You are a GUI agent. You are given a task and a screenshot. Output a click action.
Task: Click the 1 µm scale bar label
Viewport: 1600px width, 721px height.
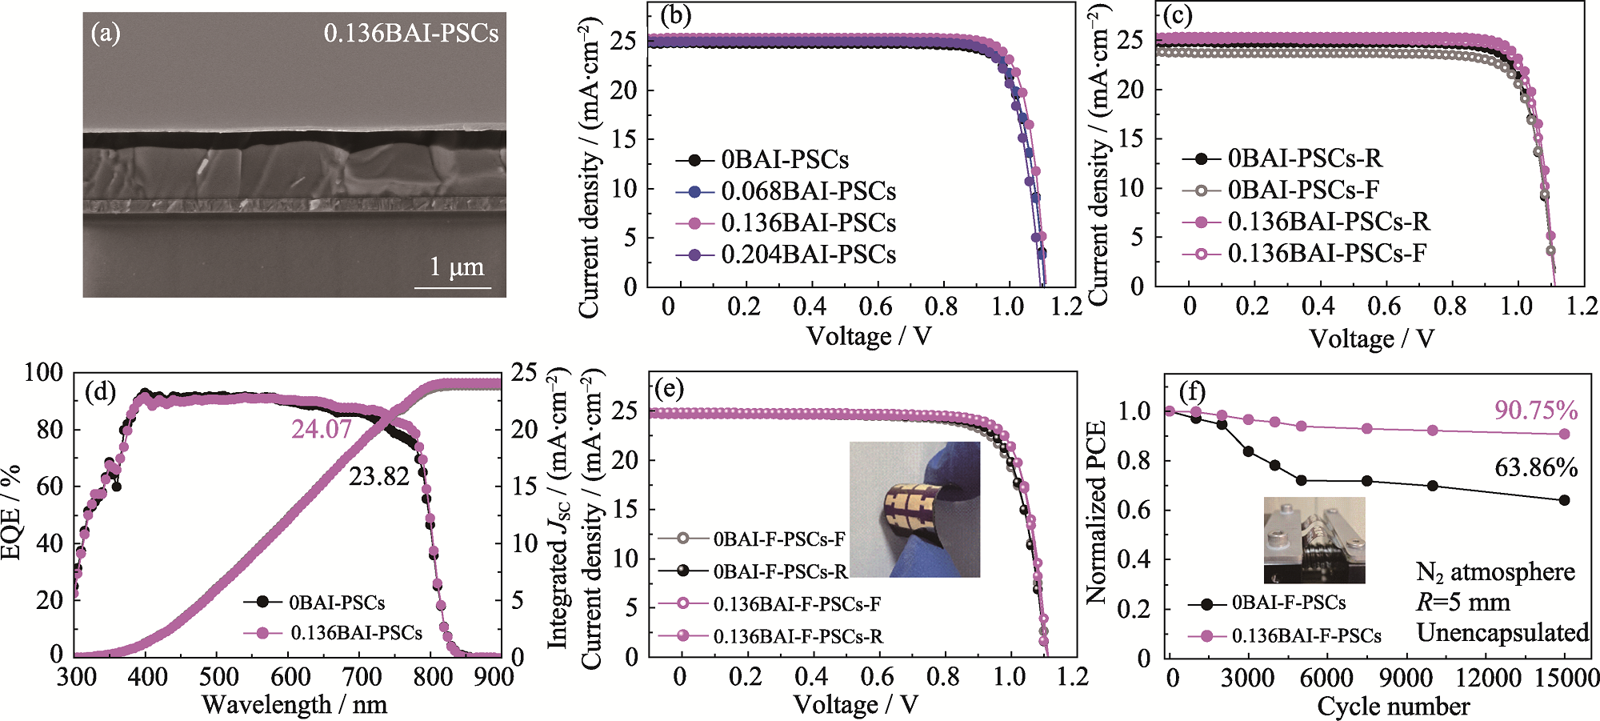(457, 266)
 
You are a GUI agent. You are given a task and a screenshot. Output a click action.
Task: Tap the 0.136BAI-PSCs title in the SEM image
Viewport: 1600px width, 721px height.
(410, 33)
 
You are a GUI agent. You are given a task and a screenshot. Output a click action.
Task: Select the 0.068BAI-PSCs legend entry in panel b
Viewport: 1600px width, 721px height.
(808, 191)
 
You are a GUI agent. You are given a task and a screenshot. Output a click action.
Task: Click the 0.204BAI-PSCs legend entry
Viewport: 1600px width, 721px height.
(808, 254)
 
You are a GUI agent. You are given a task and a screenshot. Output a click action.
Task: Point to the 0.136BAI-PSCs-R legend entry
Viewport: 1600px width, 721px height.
(1328, 221)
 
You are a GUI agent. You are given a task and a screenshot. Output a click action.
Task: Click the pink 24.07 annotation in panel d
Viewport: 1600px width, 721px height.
(322, 430)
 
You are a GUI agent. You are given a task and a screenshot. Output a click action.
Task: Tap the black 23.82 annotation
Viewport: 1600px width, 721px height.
(379, 477)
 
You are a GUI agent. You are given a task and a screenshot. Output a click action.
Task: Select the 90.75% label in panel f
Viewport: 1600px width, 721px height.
(1536, 411)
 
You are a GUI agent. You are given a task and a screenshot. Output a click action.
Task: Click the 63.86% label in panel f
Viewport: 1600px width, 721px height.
(1536, 467)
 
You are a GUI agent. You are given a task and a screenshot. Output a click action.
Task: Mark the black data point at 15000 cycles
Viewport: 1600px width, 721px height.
(1565, 500)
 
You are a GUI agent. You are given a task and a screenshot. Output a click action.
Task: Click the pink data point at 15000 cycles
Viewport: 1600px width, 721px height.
(1565, 434)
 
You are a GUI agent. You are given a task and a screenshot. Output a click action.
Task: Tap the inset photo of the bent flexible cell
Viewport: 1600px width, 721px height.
(914, 509)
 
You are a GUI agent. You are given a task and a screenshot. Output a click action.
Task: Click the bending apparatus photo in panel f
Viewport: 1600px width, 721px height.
(1314, 539)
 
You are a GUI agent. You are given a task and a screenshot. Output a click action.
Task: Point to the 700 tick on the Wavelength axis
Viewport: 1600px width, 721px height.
(362, 677)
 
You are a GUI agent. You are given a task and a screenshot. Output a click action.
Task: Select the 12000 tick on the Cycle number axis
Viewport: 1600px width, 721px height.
(1487, 678)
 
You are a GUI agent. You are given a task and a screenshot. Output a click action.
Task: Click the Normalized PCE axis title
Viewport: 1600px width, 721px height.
(1096, 512)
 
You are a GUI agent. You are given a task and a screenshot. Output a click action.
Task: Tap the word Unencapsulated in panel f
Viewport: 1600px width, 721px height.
(1502, 632)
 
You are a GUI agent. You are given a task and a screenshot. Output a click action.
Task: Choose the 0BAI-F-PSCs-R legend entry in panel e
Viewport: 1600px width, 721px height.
(780, 571)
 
